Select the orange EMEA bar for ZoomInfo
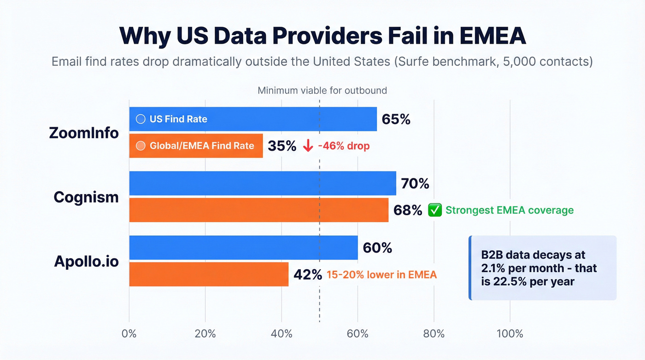click(x=196, y=146)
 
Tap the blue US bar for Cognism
click(x=262, y=183)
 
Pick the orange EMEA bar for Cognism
click(x=258, y=210)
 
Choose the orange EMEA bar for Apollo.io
click(x=208, y=274)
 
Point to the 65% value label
click(x=396, y=119)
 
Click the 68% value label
click(x=408, y=210)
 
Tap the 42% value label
click(x=308, y=275)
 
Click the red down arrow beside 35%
click(x=308, y=146)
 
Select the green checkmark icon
click(x=434, y=210)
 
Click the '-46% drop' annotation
click(x=344, y=146)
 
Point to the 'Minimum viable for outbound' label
click(x=322, y=90)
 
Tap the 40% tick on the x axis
click(x=281, y=334)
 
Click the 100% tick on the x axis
click(x=510, y=334)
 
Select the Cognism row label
click(x=86, y=197)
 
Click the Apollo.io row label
click(x=86, y=261)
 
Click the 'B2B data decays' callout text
click(x=539, y=268)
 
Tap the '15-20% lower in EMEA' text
click(x=381, y=275)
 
